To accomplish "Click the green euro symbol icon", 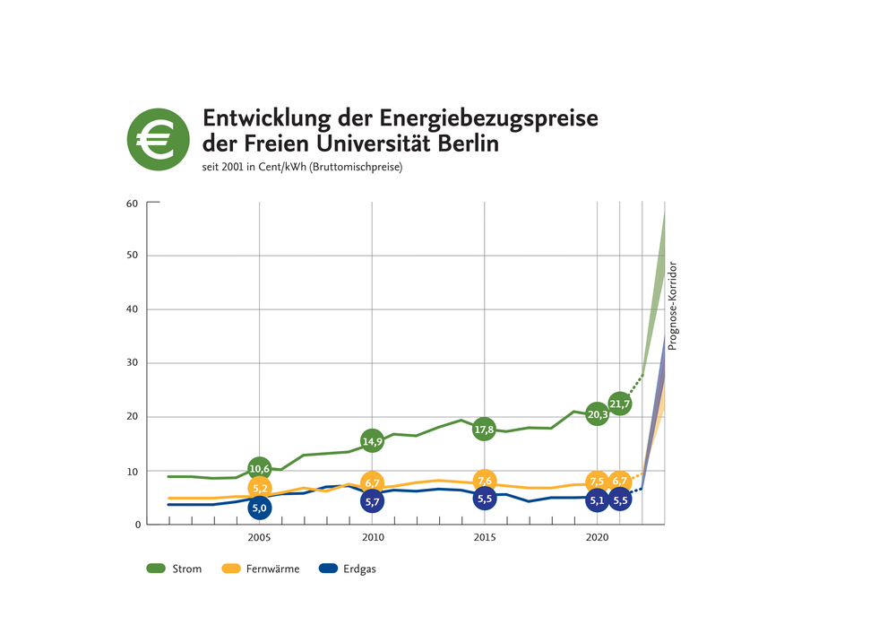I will (158, 138).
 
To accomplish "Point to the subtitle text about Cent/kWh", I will (303, 168).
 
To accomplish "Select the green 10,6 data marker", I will (260, 468).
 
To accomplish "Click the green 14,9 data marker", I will (373, 440).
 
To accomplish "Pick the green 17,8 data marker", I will (485, 430).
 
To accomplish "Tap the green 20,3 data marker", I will (598, 414).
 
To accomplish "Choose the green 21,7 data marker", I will (620, 404).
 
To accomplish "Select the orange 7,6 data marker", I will (485, 481).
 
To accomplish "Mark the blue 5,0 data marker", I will (260, 508).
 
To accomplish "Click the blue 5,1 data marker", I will (598, 500).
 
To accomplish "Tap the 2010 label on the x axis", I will (373, 537).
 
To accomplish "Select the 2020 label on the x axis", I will (598, 537).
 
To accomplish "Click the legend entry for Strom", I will (174, 569).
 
